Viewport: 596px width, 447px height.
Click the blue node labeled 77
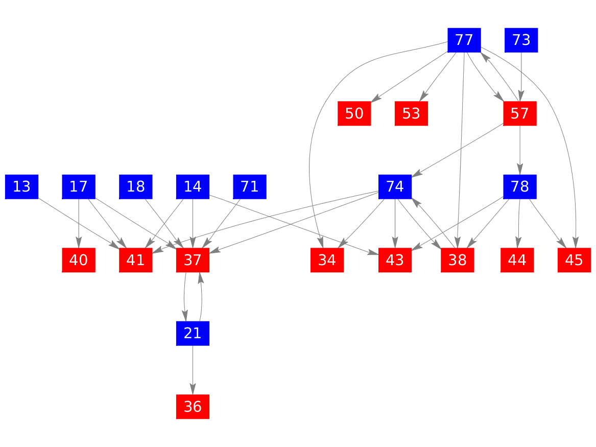coord(464,40)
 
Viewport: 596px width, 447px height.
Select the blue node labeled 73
coord(521,40)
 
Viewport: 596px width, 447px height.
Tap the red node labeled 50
coord(354,113)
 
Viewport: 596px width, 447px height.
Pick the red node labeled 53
coord(411,113)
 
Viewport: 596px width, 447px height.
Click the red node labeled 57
coord(519,113)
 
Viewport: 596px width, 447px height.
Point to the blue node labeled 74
coord(395,187)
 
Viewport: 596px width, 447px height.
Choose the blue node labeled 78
coord(519,187)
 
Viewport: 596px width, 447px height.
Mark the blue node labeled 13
coord(21,187)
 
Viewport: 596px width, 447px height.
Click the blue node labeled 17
coord(79,187)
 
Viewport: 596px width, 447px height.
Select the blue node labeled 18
coord(136,187)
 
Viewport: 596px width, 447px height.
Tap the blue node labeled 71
coord(250,187)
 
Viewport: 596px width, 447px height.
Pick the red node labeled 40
coord(79,260)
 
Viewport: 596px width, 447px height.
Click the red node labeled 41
coord(136,260)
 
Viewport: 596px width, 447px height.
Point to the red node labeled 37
coord(193,260)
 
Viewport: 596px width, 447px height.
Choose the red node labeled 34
coord(327,260)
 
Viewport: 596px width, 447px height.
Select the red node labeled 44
coord(517,260)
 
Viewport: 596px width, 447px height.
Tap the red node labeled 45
coord(574,260)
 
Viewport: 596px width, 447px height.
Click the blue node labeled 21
coord(193,334)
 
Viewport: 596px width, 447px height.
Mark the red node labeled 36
coord(193,407)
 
